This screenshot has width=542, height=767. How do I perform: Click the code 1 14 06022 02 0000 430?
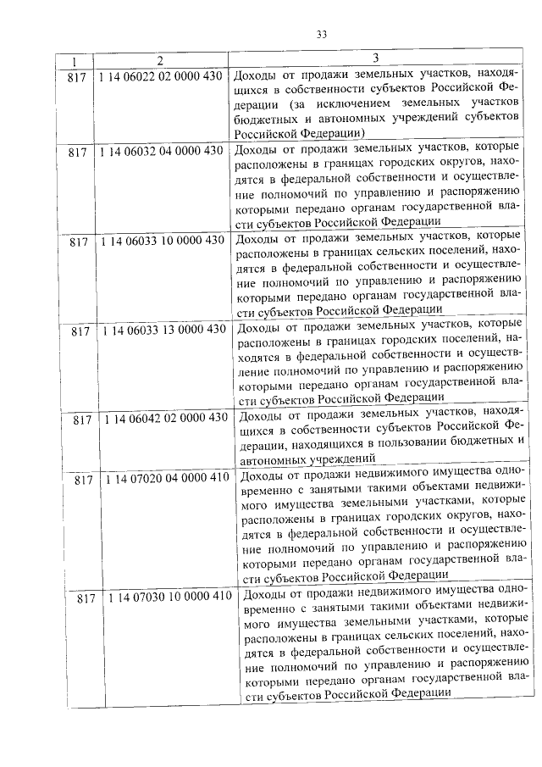[x=161, y=76]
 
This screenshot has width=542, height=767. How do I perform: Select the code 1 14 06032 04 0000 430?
[x=161, y=151]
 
